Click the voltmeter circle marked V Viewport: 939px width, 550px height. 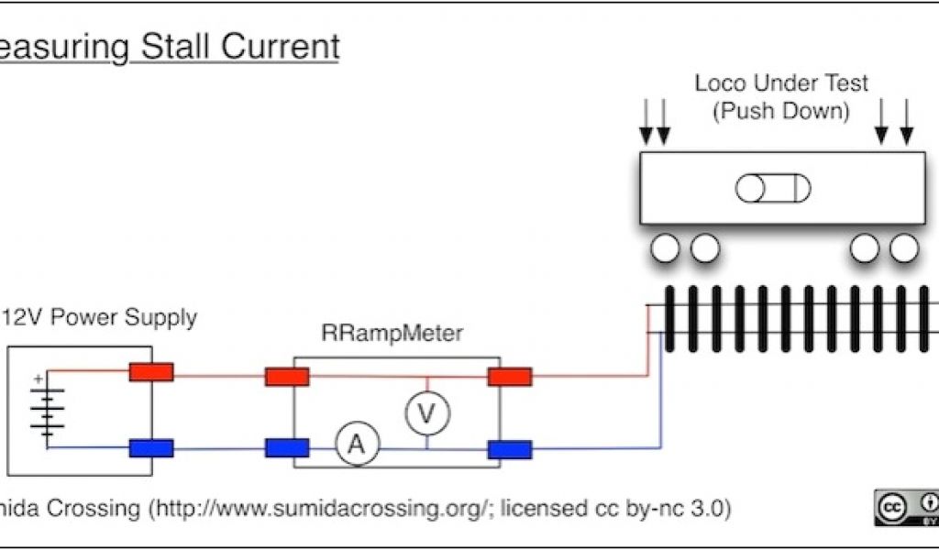pyautogui.click(x=426, y=414)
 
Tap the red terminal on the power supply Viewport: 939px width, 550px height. pyautogui.click(x=151, y=372)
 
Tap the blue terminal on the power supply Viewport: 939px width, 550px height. pyautogui.click(x=151, y=448)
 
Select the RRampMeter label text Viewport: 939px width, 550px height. pyautogui.click(x=392, y=334)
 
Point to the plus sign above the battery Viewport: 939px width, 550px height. pyautogui.click(x=39, y=378)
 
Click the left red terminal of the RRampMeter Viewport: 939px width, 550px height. pyautogui.click(x=287, y=377)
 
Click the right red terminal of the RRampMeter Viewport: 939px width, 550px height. pyautogui.click(x=510, y=377)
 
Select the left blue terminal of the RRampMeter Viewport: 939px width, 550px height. pyautogui.click(x=287, y=447)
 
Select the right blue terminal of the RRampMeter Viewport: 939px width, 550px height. pyautogui.click(x=510, y=449)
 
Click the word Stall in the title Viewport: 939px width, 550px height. pyautogui.click(x=173, y=47)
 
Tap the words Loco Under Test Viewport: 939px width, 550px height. pyautogui.click(x=781, y=83)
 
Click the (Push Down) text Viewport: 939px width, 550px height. pyautogui.click(x=781, y=111)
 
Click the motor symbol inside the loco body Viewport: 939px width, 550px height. pyautogui.click(x=773, y=189)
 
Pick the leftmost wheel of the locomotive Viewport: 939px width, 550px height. pyautogui.click(x=666, y=247)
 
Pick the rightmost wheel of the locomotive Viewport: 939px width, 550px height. pyautogui.click(x=904, y=247)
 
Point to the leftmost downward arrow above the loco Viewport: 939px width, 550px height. pyautogui.click(x=646, y=122)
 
